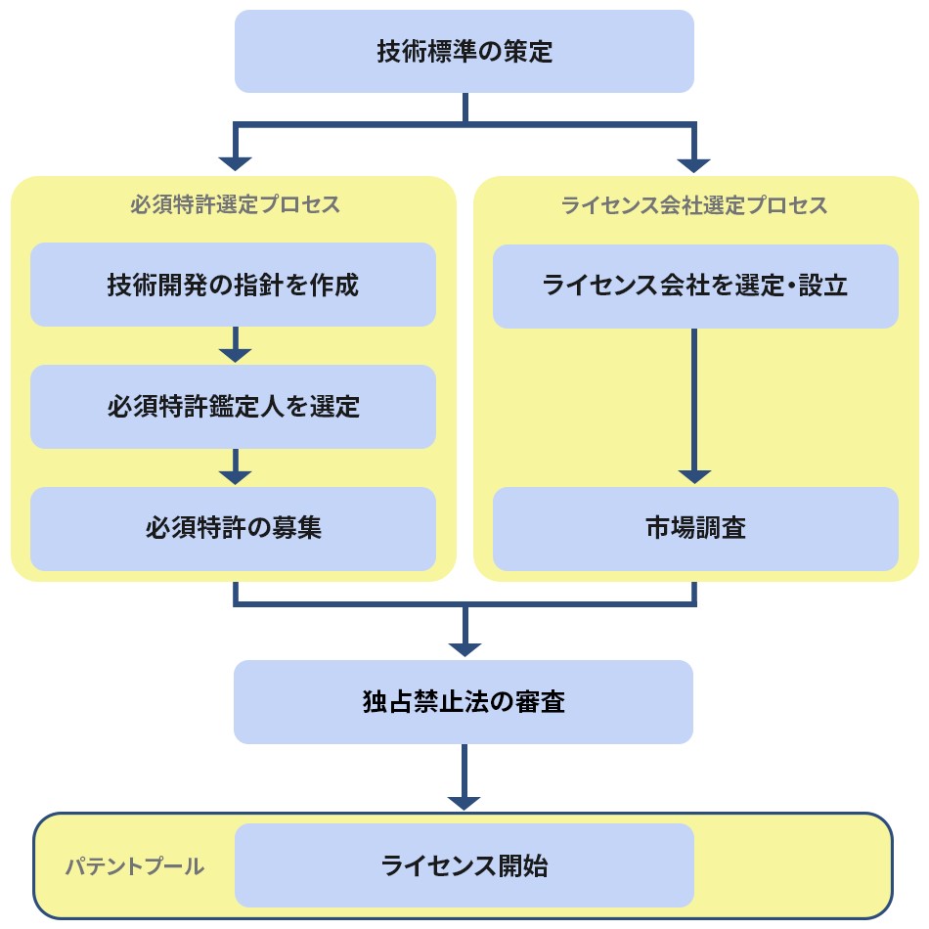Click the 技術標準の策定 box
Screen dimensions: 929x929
pyautogui.click(x=464, y=52)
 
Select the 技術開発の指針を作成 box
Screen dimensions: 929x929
pyautogui.click(x=233, y=285)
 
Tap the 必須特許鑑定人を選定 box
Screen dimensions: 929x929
pyautogui.click(x=233, y=407)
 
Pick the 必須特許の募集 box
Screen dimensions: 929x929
pyautogui.click(x=233, y=529)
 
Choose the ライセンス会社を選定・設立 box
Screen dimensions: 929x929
pyautogui.click(x=695, y=286)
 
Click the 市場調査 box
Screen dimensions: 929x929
pyautogui.click(x=695, y=529)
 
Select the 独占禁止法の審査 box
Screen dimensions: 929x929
pyautogui.click(x=464, y=702)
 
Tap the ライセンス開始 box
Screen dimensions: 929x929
pyautogui.click(x=464, y=865)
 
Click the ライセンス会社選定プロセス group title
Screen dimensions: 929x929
pyautogui.click(x=695, y=205)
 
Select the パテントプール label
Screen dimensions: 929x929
pyautogui.click(x=135, y=866)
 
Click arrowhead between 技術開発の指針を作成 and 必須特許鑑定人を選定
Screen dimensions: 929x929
pyautogui.click(x=235, y=355)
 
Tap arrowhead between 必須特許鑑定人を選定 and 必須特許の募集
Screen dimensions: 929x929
pyautogui.click(x=235, y=476)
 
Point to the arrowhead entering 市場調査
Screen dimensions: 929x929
pyautogui.click(x=694, y=476)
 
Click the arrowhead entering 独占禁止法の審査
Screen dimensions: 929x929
pyautogui.click(x=464, y=648)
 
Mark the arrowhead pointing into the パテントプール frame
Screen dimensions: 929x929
pyautogui.click(x=464, y=802)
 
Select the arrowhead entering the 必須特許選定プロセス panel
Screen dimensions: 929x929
pyautogui.click(x=235, y=163)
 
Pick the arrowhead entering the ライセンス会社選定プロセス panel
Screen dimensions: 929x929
pyautogui.click(x=694, y=163)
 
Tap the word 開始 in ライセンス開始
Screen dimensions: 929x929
pyautogui.click(x=523, y=865)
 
